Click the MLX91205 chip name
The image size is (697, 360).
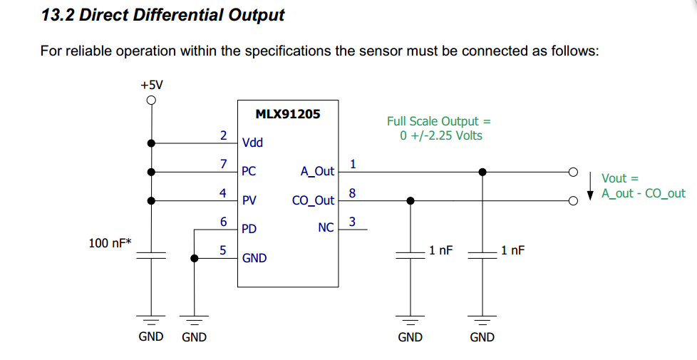click(288, 114)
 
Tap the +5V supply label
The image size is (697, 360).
click(152, 85)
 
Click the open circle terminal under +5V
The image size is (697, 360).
click(151, 101)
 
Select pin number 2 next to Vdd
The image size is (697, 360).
click(223, 135)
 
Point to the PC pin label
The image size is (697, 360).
click(249, 171)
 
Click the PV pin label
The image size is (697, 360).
click(249, 200)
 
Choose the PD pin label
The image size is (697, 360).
click(249, 229)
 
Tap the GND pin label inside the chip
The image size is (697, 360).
click(254, 258)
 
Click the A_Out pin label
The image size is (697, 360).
click(317, 171)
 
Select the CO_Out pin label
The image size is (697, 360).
click(313, 200)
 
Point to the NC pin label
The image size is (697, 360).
click(326, 227)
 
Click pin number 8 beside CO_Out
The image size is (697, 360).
click(353, 193)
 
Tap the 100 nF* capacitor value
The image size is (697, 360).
click(110, 243)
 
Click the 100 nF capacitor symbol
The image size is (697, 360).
click(151, 255)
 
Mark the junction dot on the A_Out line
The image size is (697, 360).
click(482, 172)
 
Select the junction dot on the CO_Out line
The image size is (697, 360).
click(411, 201)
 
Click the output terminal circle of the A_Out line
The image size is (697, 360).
click(574, 172)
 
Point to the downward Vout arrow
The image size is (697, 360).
click(590, 186)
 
